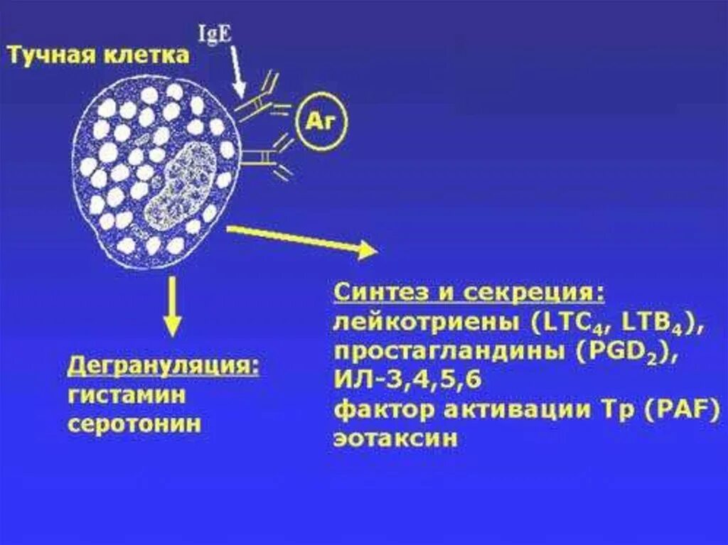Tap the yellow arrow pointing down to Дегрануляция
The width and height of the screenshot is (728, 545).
click(171, 306)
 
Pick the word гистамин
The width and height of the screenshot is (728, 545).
click(127, 395)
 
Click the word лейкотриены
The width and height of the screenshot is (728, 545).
click(426, 323)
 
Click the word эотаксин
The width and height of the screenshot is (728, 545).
click(396, 438)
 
